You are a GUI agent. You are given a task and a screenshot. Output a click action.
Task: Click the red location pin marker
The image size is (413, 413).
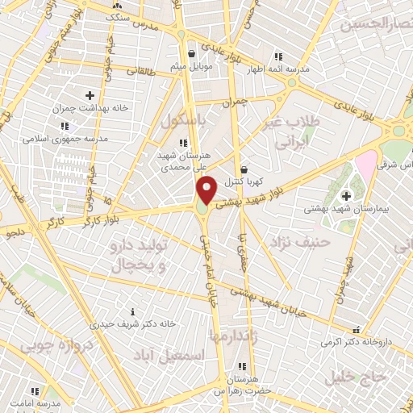207,190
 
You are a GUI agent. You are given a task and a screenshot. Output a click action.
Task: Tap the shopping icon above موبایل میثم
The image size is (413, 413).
191,54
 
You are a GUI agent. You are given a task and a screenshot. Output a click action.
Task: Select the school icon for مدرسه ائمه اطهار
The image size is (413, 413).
279,56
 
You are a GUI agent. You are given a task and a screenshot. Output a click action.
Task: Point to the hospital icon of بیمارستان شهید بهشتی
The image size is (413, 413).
347,196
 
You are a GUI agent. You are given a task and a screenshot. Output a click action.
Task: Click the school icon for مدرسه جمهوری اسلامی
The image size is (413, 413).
64,126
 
